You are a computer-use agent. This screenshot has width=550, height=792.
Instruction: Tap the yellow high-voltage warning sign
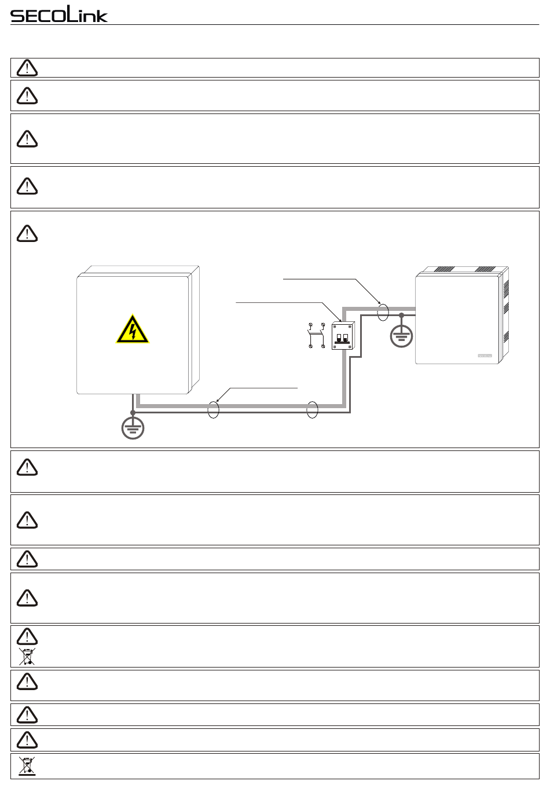click(x=133, y=329)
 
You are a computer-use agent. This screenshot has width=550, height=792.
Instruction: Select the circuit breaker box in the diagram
click(x=343, y=336)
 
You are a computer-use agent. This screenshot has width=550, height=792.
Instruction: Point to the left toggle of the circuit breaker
click(x=339, y=338)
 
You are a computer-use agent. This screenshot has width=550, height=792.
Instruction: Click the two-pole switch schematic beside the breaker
click(x=316, y=335)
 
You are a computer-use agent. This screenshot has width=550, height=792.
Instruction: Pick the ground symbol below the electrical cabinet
click(x=133, y=428)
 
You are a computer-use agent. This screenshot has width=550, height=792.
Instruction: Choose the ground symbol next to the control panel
click(x=401, y=335)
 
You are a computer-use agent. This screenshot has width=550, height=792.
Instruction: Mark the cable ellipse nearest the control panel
click(x=383, y=313)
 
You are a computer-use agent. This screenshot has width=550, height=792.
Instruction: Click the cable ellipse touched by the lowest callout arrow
click(x=213, y=409)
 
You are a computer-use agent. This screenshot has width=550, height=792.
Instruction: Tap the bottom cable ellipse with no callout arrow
click(x=312, y=409)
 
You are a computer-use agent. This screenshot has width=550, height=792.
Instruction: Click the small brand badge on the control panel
click(x=485, y=355)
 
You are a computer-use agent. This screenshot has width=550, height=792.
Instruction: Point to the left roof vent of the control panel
click(x=445, y=270)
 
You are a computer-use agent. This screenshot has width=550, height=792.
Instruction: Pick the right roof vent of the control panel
click(x=485, y=270)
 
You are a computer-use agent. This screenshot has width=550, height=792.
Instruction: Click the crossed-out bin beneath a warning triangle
click(x=27, y=657)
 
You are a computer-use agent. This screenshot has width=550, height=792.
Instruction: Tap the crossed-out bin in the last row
click(x=27, y=766)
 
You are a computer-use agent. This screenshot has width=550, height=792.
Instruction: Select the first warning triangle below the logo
click(x=27, y=68)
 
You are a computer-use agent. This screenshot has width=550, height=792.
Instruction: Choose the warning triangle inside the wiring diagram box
click(x=27, y=233)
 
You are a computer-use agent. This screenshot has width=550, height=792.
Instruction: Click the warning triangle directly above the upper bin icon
click(x=27, y=637)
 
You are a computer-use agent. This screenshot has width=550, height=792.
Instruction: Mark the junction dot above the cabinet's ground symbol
click(x=133, y=412)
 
